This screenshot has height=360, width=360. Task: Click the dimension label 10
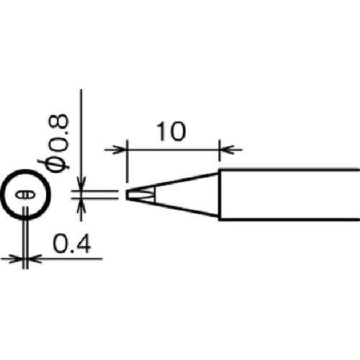[171, 131]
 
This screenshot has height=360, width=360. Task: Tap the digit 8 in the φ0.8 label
[59, 122]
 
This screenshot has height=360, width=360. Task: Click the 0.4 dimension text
[71, 243]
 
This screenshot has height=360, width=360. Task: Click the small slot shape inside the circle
[25, 194]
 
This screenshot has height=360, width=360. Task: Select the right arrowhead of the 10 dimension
[226, 150]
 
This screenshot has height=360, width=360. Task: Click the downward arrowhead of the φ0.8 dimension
[81, 184]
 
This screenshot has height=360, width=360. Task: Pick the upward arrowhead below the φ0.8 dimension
[81, 205]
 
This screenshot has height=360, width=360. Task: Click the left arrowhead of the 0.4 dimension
[16, 258]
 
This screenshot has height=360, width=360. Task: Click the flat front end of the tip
[127, 194]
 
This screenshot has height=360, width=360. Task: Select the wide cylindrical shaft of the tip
[289, 194]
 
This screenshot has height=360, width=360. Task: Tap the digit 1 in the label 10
[161, 131]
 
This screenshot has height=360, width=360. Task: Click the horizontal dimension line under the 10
[173, 150]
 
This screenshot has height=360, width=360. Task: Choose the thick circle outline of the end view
[26, 170]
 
